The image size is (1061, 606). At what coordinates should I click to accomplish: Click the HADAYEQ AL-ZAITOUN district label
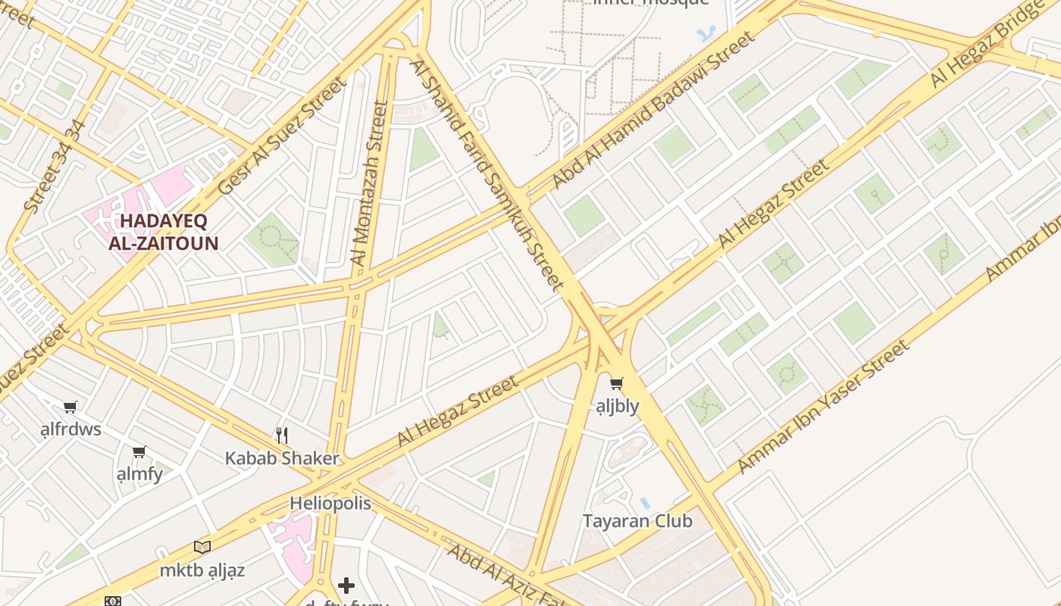point(164,233)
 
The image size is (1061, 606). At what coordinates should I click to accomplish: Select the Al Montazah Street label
point(370,183)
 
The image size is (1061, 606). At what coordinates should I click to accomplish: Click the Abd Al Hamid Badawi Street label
point(653,111)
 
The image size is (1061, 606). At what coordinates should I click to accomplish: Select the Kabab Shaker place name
point(282,458)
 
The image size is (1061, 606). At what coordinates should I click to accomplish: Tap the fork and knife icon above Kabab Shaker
point(282,435)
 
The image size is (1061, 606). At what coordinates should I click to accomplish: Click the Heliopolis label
point(330,504)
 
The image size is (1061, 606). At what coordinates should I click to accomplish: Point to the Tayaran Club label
point(637,521)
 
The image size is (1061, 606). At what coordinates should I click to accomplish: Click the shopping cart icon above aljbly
point(617,384)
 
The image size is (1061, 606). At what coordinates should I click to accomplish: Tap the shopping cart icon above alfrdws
point(70,407)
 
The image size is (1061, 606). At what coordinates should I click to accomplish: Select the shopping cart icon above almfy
point(139,451)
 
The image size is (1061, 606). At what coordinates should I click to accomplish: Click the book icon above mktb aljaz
point(202,547)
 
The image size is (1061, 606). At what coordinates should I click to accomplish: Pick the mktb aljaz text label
point(202,570)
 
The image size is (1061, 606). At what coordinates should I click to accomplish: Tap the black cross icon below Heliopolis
point(346,585)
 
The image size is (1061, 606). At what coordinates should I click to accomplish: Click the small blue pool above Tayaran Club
point(645,503)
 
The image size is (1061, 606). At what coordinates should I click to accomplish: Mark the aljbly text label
point(617,406)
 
